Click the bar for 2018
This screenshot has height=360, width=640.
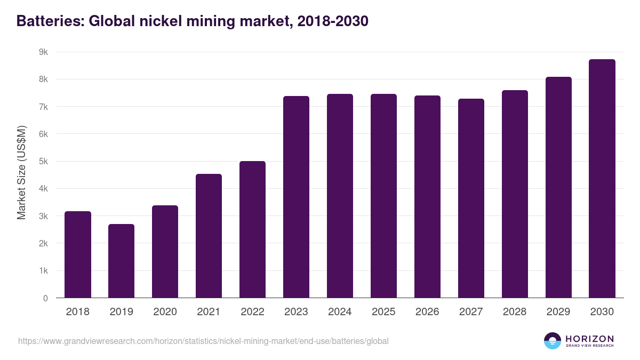[78, 254]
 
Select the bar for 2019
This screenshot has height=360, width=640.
[122, 261]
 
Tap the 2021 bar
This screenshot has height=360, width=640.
[209, 236]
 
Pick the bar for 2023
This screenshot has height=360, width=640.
[296, 197]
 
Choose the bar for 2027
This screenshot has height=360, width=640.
[471, 198]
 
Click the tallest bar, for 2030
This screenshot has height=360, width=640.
[602, 179]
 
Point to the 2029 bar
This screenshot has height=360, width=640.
[558, 187]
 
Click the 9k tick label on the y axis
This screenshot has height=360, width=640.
[43, 52]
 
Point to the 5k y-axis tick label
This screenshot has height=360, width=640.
[43, 162]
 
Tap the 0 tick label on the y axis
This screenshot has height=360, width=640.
[45, 298]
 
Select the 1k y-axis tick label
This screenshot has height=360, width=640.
[43, 271]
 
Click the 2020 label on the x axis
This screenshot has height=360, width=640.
[165, 312]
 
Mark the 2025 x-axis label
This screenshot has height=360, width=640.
[383, 312]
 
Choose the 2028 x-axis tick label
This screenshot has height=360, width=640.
[515, 312]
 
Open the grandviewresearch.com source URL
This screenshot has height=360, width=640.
[203, 341]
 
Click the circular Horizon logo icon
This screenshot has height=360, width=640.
[553, 341]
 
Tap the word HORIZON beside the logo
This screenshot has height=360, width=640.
[589, 339]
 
